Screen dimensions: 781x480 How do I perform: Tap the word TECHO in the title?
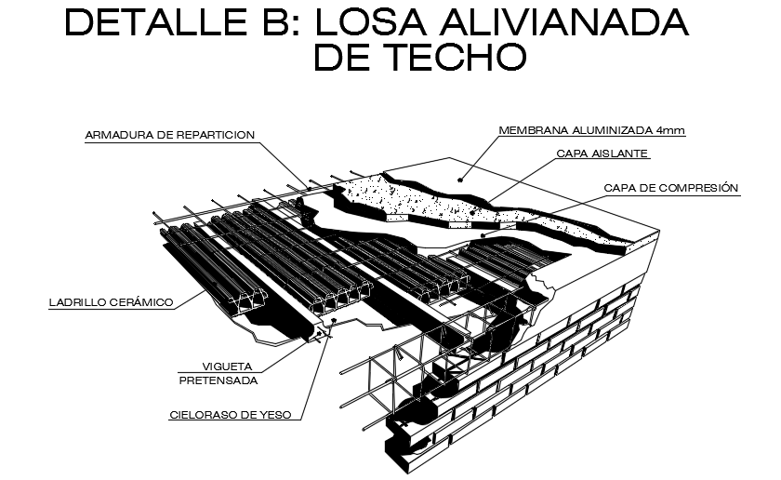point(450,58)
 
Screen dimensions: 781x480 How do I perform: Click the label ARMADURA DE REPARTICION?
point(169,135)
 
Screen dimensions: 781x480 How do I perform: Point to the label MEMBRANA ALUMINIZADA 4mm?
point(591,130)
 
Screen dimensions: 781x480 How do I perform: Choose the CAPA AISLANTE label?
point(602,153)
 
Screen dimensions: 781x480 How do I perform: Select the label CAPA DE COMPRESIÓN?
point(670,188)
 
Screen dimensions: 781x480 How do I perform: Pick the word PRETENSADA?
point(218,380)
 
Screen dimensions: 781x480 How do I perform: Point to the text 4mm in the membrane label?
point(672,130)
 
